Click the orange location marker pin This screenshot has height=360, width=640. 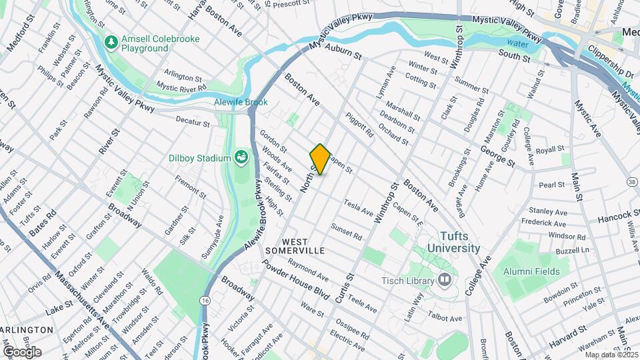coord(320,159)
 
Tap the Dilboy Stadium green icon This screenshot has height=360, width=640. coord(241,157)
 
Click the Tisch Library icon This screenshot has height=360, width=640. coord(443,279)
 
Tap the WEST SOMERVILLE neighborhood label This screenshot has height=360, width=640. coord(294,245)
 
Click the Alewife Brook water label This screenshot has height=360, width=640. coord(241,102)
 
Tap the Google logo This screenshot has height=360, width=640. coord(22,351)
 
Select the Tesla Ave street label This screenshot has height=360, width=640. coord(358,207)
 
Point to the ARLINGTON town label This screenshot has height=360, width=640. coord(27,330)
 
